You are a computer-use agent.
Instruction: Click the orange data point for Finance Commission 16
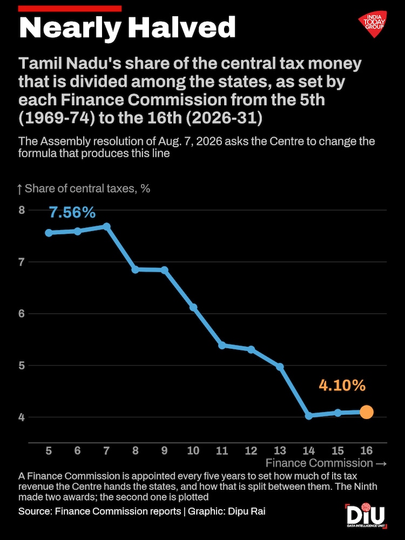(367, 412)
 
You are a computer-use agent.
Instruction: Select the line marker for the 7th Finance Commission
(106, 226)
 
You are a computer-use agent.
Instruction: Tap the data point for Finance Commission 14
(308, 416)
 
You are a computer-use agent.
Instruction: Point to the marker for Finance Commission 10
(193, 307)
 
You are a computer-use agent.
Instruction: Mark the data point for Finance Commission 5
(49, 233)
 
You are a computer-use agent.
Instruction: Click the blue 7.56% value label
(72, 212)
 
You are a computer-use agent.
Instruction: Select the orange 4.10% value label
(342, 386)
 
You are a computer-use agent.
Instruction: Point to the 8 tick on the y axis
(22, 210)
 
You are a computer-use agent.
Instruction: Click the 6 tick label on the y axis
(22, 313)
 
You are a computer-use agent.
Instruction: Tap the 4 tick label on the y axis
(22, 417)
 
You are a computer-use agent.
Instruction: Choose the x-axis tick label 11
(222, 450)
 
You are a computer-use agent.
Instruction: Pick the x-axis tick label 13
(280, 450)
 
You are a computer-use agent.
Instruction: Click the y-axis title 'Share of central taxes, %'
(84, 188)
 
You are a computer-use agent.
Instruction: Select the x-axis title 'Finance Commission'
(319, 463)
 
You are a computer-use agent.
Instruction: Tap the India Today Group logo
(373, 24)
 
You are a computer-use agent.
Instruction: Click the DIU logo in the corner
(366, 516)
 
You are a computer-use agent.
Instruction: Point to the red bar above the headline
(70, 9)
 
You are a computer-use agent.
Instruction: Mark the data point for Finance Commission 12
(251, 349)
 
